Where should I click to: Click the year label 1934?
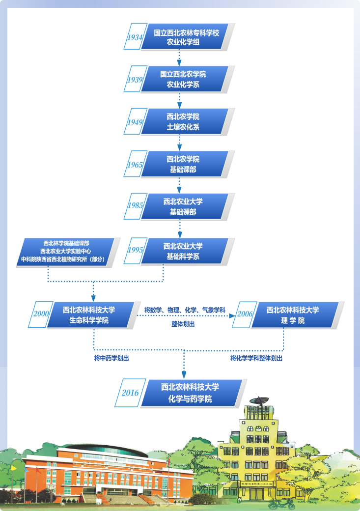[x=135, y=37]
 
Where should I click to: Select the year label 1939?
[x=135, y=80]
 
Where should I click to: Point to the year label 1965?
[x=135, y=165]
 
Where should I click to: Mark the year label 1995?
[x=135, y=250]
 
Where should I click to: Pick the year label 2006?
[x=244, y=315]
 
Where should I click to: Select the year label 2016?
[x=130, y=393]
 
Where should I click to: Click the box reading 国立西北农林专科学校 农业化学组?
[x=186, y=37]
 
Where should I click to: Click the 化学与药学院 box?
[x=191, y=393]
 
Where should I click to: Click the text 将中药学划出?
[x=114, y=358]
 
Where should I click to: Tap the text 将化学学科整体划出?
[x=256, y=358]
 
